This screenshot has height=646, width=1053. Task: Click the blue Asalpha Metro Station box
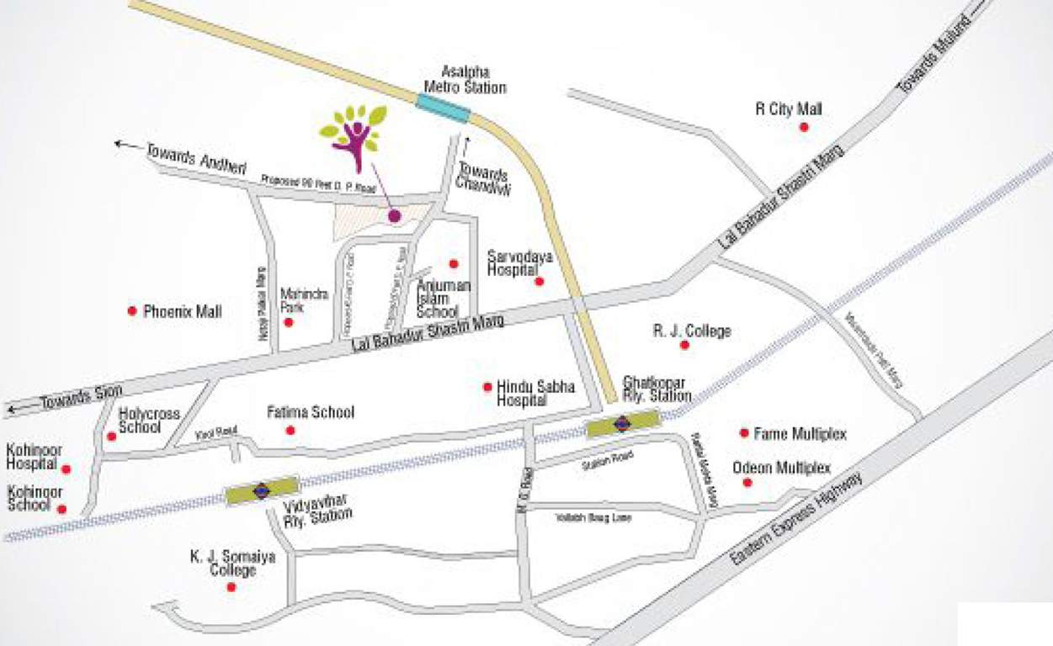pos(443,107)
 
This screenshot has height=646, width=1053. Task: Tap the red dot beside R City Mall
pos(804,127)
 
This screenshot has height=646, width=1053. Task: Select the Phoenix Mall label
pos(183,311)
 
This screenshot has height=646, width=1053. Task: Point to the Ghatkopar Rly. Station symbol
pos(622,423)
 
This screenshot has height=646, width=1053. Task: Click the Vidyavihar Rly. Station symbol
pos(262,490)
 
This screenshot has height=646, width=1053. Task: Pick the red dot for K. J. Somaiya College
pos(231,587)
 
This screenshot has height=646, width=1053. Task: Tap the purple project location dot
pos(394,216)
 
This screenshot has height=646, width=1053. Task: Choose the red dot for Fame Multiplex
pos(744,433)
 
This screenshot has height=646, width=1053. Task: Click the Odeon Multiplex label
pos(781,468)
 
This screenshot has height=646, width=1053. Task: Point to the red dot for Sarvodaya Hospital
pos(540,281)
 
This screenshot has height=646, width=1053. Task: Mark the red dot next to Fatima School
pos(290,431)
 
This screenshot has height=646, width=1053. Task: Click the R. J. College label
pos(692,331)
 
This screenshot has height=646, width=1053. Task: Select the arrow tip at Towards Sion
pos(8,410)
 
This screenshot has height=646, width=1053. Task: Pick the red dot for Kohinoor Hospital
pos(66,469)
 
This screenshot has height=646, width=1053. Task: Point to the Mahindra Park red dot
pos(289,322)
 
